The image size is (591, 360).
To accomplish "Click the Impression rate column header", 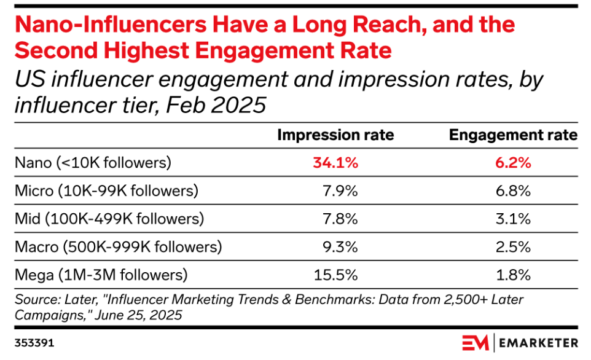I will pyautogui.click(x=335, y=135).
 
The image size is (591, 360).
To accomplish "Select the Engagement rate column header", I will pyautogui.click(x=514, y=135).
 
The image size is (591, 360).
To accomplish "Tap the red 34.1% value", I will pyautogui.click(x=335, y=163).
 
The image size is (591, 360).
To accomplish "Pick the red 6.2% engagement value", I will pyautogui.click(x=513, y=163).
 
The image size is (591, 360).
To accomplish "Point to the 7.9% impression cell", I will pyautogui.click(x=340, y=190).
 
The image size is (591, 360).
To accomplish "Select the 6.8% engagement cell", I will pyautogui.click(x=513, y=190).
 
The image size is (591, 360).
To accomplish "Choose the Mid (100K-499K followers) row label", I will pyautogui.click(x=109, y=218).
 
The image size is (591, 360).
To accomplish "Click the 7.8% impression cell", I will pyautogui.click(x=340, y=218).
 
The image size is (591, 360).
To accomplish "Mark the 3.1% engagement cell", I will pyautogui.click(x=513, y=218).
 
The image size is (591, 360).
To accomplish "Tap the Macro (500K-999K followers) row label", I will pyautogui.click(x=117, y=246).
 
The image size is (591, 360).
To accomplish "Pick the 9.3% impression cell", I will pyautogui.click(x=340, y=246).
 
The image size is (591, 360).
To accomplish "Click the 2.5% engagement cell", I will pyautogui.click(x=513, y=246).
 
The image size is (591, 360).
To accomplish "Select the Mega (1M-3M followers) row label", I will pyautogui.click(x=101, y=274).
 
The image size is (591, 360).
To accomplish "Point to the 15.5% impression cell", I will pyautogui.click(x=337, y=274).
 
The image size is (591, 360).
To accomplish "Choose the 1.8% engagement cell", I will pyautogui.click(x=513, y=274).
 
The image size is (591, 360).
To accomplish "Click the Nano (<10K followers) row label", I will pyautogui.click(x=93, y=163).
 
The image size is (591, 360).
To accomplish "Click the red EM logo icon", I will pyautogui.click(x=476, y=342).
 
